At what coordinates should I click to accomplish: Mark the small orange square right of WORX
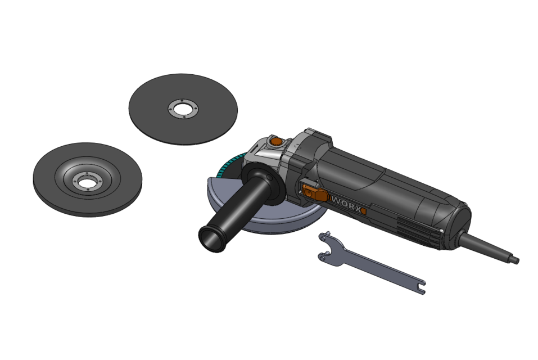[363, 211]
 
